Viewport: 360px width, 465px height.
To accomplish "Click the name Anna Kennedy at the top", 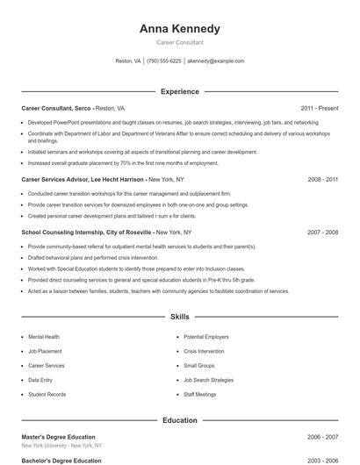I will click(179, 29).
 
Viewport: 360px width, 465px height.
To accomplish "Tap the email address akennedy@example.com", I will click(215, 61).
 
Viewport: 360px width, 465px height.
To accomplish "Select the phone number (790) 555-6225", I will click(164, 61).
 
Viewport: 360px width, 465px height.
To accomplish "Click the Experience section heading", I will click(179, 91).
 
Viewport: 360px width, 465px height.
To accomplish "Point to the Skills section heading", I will click(179, 317).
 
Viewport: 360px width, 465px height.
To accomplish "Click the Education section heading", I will click(179, 420).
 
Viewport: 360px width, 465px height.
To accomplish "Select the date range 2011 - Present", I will click(319, 108).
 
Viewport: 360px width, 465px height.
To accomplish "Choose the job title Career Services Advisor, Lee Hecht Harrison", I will click(83, 179).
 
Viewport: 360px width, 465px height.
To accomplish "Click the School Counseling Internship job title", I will click(86, 232).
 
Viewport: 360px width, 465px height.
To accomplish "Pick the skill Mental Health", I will click(44, 336).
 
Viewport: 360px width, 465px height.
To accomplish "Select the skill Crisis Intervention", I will click(205, 351).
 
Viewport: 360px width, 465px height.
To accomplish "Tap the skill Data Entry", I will click(40, 380).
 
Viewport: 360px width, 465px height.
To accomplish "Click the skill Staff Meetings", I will click(200, 395).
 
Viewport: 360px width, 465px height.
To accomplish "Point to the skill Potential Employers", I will click(206, 336).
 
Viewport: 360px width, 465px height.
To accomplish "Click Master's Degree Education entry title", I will click(58, 436).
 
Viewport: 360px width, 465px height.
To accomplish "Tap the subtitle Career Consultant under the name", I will click(179, 42).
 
